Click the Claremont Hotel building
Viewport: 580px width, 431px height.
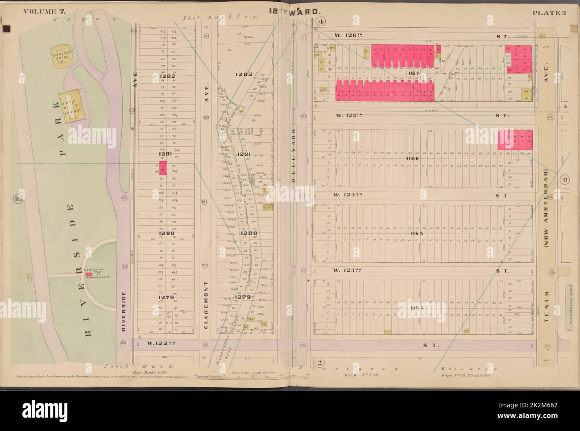tap(64, 58)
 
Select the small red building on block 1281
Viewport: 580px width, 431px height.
tap(163, 168)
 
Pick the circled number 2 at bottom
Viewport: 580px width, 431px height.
tap(320, 361)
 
